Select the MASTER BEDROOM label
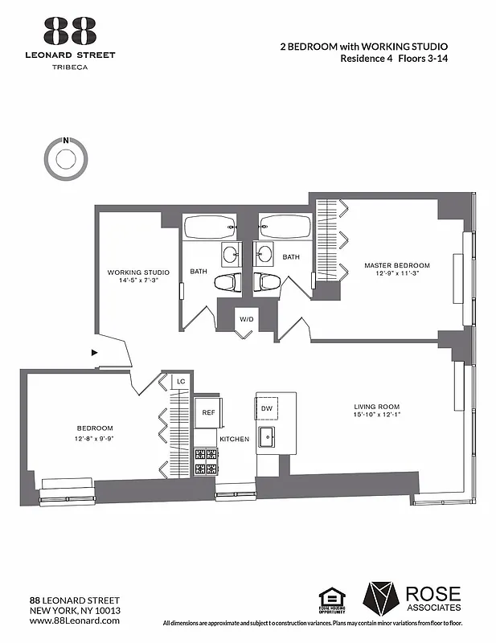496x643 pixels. click(396, 265)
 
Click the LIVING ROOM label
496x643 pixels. click(377, 406)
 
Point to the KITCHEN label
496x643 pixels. click(235, 439)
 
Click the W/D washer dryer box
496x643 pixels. click(246, 319)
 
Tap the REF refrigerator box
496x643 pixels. click(208, 412)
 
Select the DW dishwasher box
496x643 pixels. click(267, 408)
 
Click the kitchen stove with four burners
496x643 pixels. click(206, 461)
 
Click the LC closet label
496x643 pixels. click(181, 381)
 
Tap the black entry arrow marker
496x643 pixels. click(95, 352)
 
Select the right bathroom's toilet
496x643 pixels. click(267, 282)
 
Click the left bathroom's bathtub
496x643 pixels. click(210, 227)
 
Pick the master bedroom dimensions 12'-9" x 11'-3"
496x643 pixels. click(396, 273)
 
